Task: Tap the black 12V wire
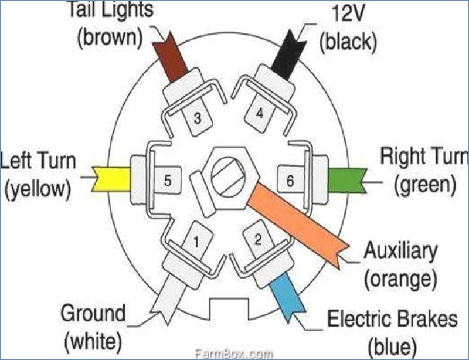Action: pyautogui.click(x=288, y=56)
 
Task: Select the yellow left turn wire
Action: pyautogui.click(x=111, y=179)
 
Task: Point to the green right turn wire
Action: pyautogui.click(x=347, y=180)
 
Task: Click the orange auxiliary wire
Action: pyautogui.click(x=298, y=223)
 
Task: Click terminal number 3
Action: pyautogui.click(x=198, y=118)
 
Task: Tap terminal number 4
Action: pyautogui.click(x=260, y=114)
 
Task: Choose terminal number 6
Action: pyautogui.click(x=290, y=181)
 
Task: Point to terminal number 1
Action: pyautogui.click(x=196, y=242)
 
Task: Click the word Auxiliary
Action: pyautogui.click(x=400, y=252)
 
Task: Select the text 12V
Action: pyautogui.click(x=348, y=13)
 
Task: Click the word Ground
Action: pyautogui.click(x=93, y=313)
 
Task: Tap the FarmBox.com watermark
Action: pyautogui.click(x=233, y=354)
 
